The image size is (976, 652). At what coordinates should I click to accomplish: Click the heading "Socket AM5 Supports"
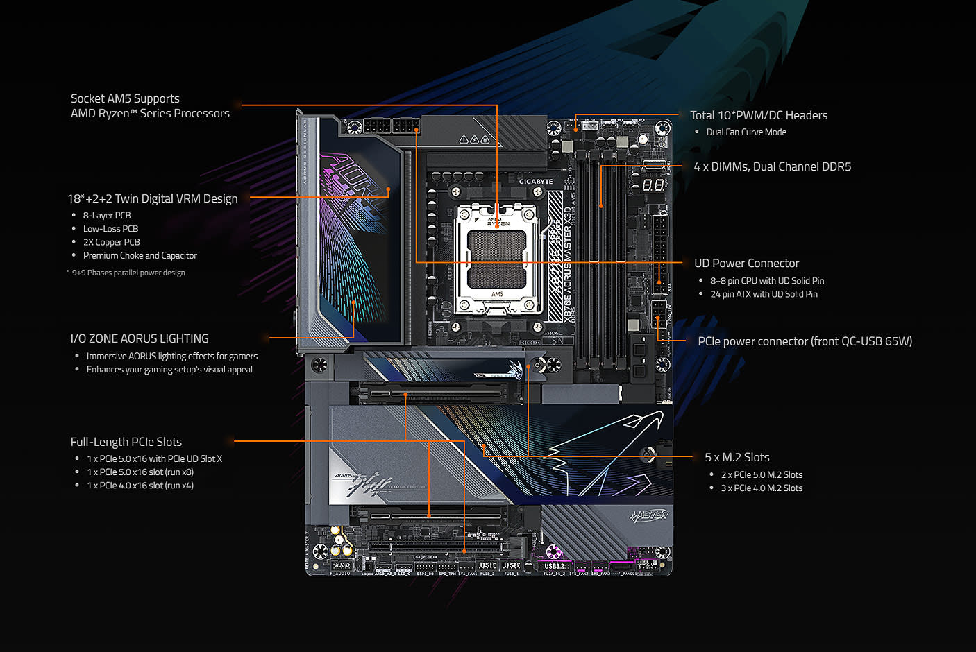click(x=125, y=98)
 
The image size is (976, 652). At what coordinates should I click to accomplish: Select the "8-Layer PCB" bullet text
click(x=107, y=216)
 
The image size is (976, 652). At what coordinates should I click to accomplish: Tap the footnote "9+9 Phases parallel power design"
click(x=128, y=273)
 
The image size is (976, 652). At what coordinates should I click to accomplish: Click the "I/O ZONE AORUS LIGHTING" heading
click(x=140, y=338)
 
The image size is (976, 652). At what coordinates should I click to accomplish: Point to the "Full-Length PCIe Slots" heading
click(x=126, y=442)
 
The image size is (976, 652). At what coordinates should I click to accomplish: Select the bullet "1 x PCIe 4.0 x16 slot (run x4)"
click(x=140, y=486)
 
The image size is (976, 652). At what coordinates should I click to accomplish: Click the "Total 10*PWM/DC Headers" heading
click(x=759, y=115)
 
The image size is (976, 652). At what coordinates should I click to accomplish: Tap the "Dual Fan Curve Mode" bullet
click(x=746, y=132)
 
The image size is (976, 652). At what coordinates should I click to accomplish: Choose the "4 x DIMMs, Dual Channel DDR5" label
click(x=772, y=166)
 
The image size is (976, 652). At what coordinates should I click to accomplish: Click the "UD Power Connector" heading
click(x=746, y=263)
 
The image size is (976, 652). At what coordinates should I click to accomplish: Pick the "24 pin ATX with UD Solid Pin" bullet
click(x=764, y=294)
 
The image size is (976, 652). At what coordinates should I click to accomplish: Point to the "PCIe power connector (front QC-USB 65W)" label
click(x=805, y=341)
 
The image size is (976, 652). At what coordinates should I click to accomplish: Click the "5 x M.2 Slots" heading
click(x=737, y=457)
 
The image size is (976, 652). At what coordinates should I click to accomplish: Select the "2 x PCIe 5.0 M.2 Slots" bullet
click(x=762, y=475)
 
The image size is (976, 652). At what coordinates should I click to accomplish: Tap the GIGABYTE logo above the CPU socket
click(x=536, y=182)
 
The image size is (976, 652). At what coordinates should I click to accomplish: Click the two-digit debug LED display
click(x=653, y=185)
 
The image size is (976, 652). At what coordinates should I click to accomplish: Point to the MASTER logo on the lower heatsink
click(x=649, y=515)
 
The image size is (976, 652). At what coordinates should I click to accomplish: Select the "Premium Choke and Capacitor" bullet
click(x=140, y=256)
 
